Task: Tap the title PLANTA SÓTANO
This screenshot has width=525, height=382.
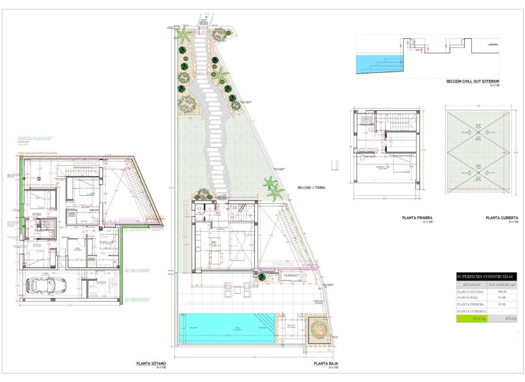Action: pos(151,363)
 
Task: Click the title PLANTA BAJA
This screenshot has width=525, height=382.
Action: pos(328,363)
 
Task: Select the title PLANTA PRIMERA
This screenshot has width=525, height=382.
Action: pos(417,218)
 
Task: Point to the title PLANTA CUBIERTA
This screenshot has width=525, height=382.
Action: pos(501,218)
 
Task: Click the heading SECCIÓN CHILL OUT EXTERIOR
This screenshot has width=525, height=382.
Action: pos(473,81)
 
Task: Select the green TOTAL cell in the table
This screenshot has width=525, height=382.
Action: pos(471,319)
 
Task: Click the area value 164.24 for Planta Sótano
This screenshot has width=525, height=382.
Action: pos(501,291)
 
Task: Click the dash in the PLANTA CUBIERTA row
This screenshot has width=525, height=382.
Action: pos(501,311)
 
